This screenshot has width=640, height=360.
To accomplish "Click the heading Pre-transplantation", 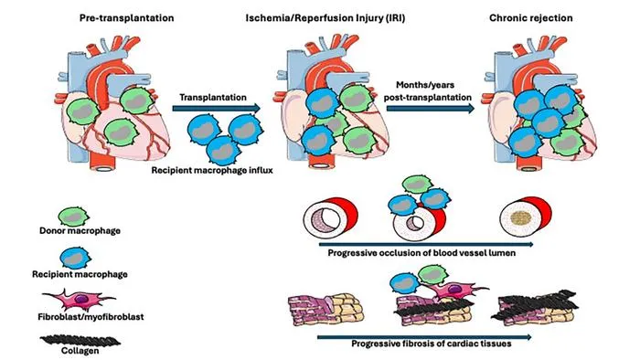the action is pos(126,18).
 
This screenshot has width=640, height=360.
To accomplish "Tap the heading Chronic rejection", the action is pos(530,18).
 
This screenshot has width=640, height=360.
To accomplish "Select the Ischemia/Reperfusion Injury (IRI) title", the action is pos(325,18).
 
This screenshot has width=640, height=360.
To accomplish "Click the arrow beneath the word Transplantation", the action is pos(217,109).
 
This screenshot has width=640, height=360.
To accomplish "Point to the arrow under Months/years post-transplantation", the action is pos(431,109).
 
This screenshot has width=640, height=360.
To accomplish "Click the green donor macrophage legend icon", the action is pos(73,216).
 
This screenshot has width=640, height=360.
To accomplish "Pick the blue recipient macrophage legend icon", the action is pos(76,258).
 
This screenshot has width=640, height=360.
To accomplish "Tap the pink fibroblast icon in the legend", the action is pos(79,300).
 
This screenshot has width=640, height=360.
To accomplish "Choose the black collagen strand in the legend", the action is pos(80,341).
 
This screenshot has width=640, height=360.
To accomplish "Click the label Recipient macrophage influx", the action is pos(212,170).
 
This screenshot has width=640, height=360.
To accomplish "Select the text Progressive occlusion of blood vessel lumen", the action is pos(421,253).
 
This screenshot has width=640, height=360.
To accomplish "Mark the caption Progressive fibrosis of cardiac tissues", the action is pos(432,344).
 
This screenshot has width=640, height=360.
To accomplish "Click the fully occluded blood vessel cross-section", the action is pos(526,216).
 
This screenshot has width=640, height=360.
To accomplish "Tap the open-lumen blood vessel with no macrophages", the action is pos(331,217).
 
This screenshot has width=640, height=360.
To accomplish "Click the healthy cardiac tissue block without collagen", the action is pos(325,309).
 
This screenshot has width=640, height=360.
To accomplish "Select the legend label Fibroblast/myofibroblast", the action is pos(91,317).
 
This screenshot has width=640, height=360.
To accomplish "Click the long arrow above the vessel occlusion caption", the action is pos(426,244).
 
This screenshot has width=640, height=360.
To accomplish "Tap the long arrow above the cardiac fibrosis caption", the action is pos(424,337).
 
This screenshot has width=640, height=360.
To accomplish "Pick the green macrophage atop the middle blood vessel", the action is pos(417,185).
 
